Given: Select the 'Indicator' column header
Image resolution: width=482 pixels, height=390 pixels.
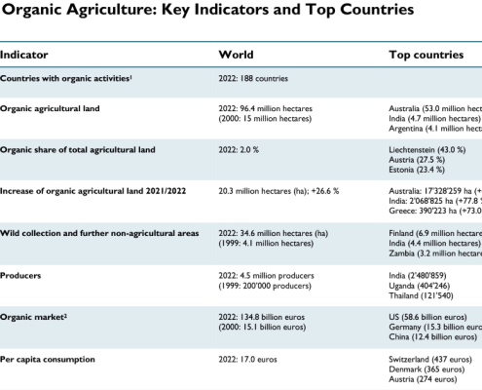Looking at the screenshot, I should point(25,57).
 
